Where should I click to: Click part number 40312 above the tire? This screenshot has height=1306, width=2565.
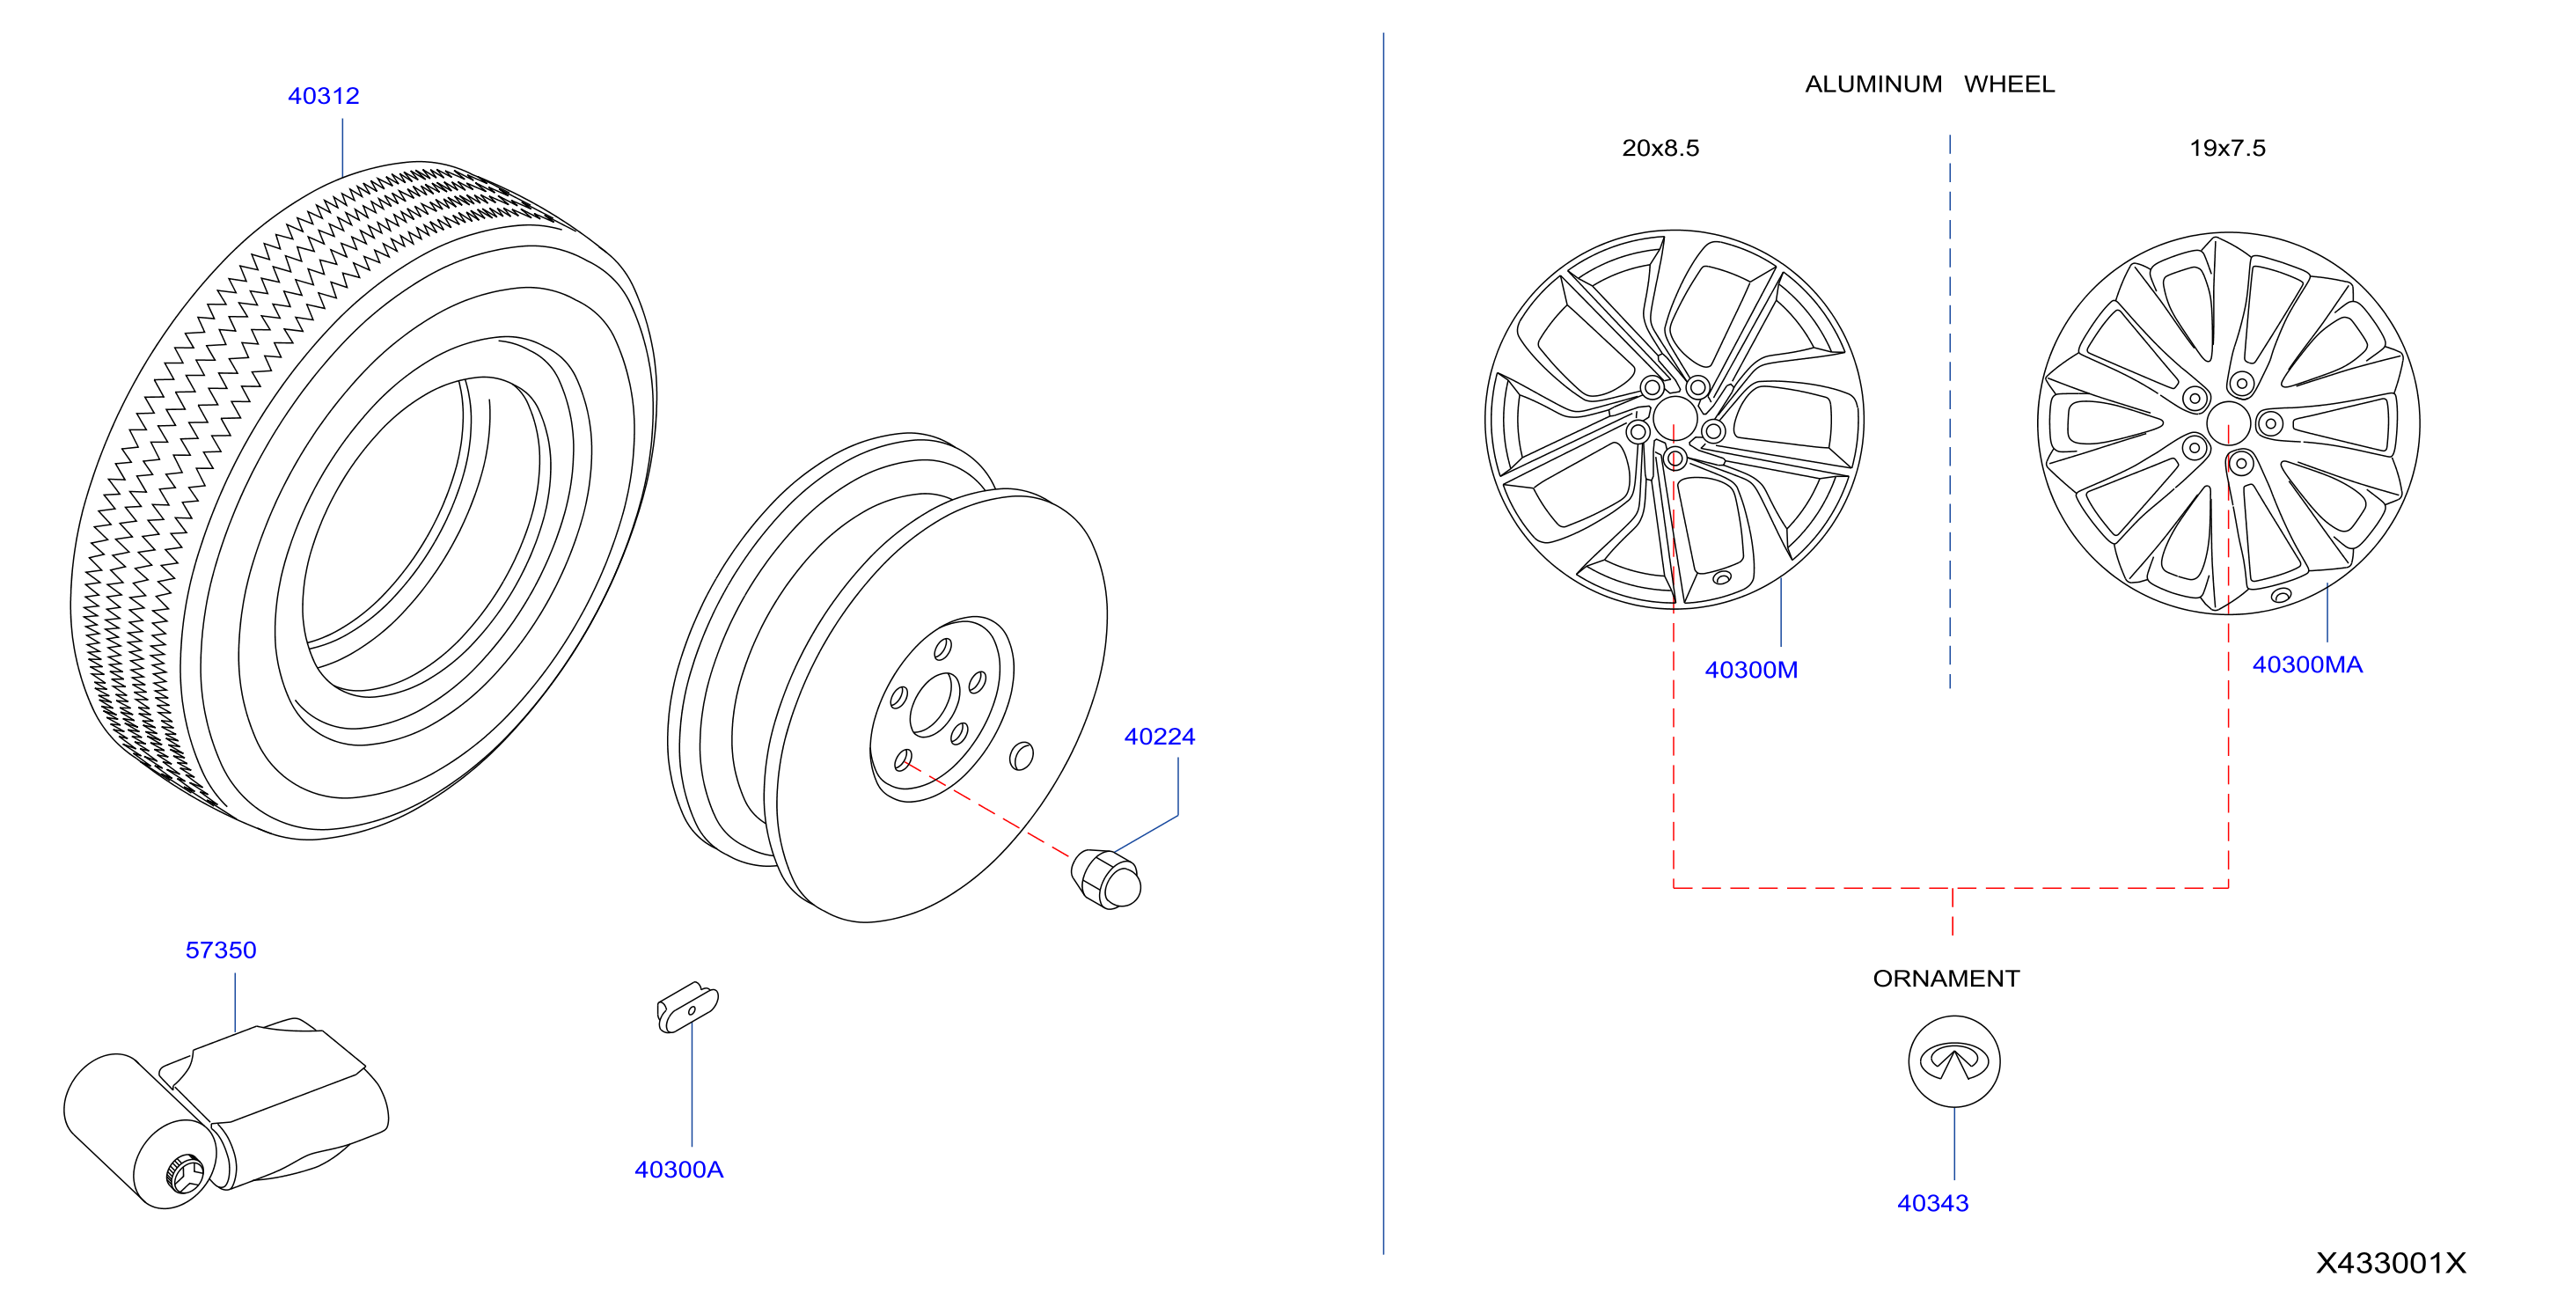323,96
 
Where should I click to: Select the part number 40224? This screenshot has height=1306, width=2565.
1159,737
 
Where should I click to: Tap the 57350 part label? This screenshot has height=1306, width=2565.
221,950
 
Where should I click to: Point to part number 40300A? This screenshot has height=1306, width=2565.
679,1170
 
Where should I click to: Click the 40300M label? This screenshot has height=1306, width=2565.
1751,670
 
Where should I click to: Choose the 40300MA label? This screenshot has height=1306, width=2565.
2307,664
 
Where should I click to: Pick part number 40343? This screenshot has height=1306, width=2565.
1932,1202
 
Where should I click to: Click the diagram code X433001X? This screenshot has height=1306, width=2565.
2391,1263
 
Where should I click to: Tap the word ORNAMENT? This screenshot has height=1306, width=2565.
1946,979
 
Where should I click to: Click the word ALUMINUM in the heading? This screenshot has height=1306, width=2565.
1873,84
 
